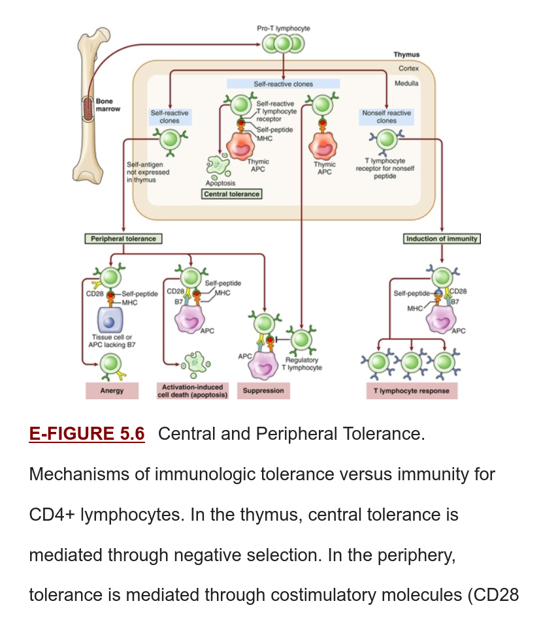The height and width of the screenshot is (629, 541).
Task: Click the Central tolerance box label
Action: (x=231, y=194)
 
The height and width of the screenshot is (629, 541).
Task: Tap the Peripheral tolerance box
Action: (x=123, y=239)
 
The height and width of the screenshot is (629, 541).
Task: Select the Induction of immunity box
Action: (x=442, y=239)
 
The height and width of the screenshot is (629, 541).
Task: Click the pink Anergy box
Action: (x=112, y=391)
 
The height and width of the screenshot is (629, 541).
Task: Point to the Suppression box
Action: (x=263, y=391)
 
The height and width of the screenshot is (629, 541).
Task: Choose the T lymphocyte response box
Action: (x=412, y=391)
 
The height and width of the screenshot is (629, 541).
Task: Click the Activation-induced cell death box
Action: (x=192, y=391)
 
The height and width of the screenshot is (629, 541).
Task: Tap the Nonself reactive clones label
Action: (x=386, y=117)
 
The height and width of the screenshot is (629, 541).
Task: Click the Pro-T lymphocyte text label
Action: (x=284, y=29)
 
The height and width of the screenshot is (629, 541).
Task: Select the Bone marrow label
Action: (x=108, y=105)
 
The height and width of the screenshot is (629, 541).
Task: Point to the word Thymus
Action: (x=406, y=55)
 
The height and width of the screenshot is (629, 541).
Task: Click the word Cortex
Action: (x=408, y=69)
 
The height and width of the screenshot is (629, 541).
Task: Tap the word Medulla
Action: (x=406, y=84)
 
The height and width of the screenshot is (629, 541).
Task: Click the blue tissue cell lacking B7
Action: (x=110, y=320)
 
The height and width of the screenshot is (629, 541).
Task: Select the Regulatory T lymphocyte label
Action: (x=302, y=364)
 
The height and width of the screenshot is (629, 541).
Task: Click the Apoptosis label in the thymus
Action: (x=220, y=183)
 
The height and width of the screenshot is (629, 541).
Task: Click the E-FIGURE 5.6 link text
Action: (x=87, y=434)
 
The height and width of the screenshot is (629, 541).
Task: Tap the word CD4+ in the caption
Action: (x=52, y=515)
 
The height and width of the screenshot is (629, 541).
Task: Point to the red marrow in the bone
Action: (x=88, y=109)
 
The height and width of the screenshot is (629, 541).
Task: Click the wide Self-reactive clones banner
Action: (x=283, y=84)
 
